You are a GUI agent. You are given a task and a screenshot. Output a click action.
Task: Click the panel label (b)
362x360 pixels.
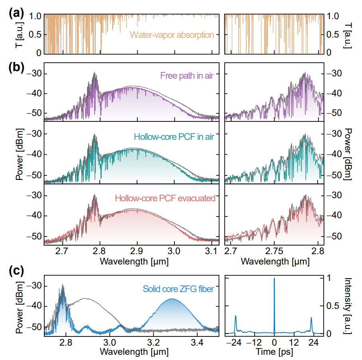pos(16,67)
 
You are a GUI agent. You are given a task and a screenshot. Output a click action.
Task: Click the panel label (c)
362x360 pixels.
pos(16,271)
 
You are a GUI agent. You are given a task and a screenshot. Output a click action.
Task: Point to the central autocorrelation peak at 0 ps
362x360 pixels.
pos(274,279)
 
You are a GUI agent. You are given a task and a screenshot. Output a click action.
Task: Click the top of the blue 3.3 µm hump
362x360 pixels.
pos(172,299)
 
